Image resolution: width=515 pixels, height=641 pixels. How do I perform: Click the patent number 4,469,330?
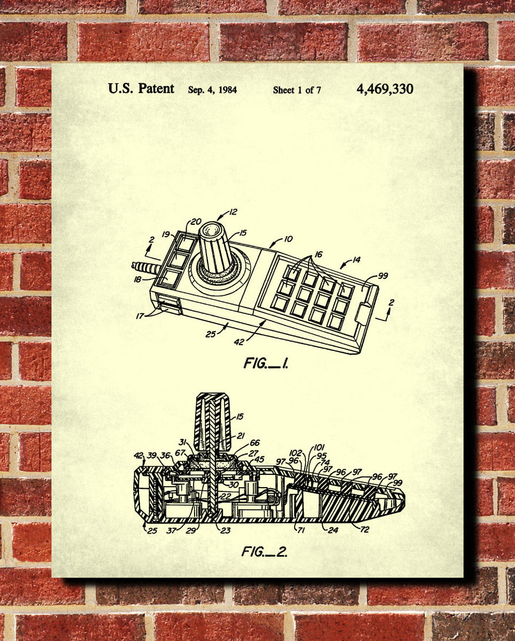click(385, 89)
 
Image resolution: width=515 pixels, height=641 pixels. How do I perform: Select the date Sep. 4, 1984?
click(212, 90)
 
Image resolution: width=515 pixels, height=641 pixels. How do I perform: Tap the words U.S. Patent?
click(141, 89)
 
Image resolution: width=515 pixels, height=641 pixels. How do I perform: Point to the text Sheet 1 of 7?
click(297, 90)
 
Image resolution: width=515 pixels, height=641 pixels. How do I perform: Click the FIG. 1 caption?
click(266, 364)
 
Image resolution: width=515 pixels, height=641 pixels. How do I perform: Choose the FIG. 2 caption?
click(264, 551)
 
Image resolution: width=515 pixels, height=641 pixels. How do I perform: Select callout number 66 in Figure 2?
click(255, 442)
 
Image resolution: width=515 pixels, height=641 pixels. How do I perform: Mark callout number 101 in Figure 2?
click(319, 448)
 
